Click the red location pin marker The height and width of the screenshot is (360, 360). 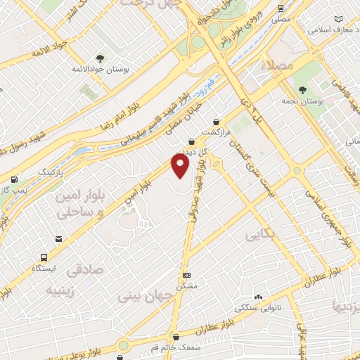[x=181, y=165]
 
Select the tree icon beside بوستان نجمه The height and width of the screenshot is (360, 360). [x=302, y=90]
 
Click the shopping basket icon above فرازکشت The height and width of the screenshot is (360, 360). [x=215, y=120]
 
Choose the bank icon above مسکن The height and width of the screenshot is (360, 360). [x=186, y=275]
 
